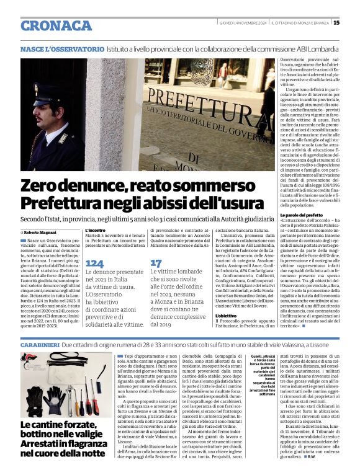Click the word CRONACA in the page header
pos(56,25)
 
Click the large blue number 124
pos(94,263)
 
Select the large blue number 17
pos(156,263)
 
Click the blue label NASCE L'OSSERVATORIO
pos(62,48)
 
